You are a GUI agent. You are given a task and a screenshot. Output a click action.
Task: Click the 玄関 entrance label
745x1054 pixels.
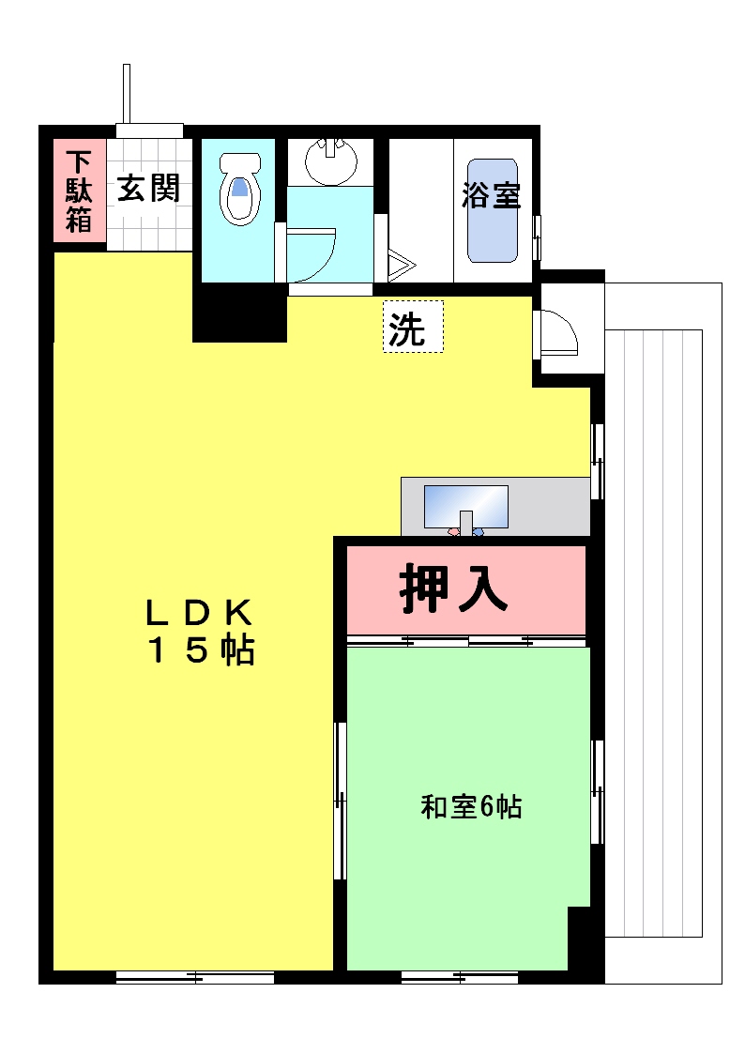pos(148,189)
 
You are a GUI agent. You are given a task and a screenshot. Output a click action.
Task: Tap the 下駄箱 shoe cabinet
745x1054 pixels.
pos(80,191)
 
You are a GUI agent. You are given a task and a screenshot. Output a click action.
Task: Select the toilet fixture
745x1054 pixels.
pos(240,189)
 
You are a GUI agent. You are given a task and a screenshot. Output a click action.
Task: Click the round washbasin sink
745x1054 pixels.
pos(330,161)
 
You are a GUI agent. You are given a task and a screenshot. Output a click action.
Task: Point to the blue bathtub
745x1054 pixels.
pos(493,210)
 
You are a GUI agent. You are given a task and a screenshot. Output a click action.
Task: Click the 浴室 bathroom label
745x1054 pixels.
pos(491,195)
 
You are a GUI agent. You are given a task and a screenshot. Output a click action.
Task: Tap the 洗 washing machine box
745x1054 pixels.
pos(413,326)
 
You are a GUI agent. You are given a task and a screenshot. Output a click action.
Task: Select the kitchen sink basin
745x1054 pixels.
pos(465,506)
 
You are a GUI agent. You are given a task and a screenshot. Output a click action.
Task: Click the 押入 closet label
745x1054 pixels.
pos(453,588)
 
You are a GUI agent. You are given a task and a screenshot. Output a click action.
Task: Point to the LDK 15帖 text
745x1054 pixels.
pos(200,632)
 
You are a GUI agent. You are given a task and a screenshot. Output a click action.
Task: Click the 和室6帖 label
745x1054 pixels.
pos(471,806)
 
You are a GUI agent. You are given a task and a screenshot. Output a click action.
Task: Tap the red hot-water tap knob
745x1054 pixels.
pos(453,532)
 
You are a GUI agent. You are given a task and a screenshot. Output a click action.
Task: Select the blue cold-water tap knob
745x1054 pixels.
pos(478,532)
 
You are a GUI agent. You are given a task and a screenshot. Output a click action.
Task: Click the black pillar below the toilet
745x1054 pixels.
pos(240,313)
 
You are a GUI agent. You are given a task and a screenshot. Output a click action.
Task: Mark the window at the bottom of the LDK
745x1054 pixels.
pos(195,977)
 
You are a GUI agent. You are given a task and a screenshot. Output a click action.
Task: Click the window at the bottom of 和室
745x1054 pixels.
pos(460,977)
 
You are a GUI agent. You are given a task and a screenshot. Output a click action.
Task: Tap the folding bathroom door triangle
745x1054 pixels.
pos(402,264)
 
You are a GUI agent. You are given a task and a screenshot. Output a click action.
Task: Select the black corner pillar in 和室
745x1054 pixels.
pos(579,939)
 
